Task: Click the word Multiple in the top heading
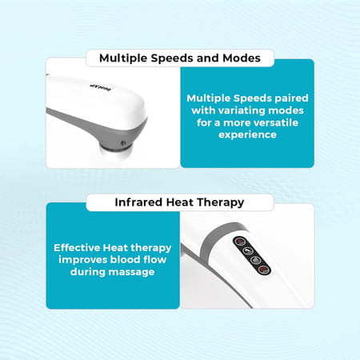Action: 126,58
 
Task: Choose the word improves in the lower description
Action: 82,260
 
